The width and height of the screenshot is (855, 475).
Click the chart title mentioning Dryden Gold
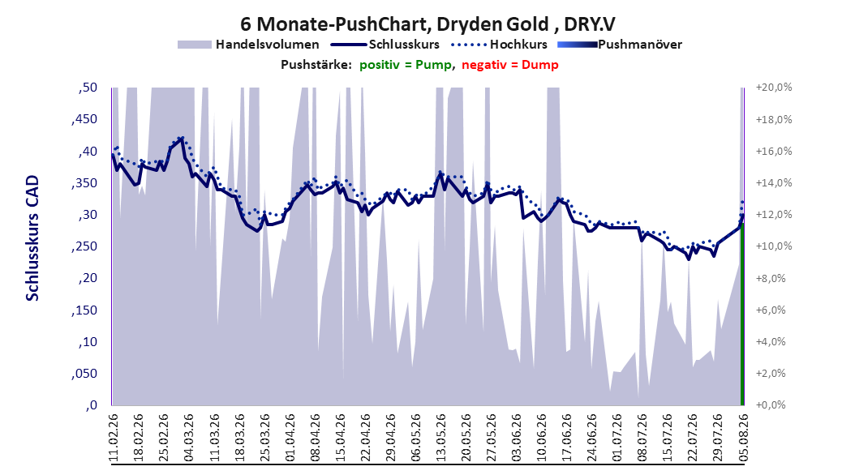[x=427, y=24]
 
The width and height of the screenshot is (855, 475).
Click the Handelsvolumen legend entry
[x=249, y=45]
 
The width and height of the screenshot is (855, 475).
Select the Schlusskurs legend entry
[x=385, y=45]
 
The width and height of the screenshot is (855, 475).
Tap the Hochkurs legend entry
[x=500, y=45]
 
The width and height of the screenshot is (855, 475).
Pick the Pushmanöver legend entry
[x=620, y=45]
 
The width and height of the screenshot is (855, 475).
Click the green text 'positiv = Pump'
[x=405, y=65]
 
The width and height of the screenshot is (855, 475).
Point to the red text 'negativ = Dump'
[x=510, y=65]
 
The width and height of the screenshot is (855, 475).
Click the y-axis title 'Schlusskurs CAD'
[x=32, y=238]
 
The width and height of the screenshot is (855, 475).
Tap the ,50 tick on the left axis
[x=88, y=88]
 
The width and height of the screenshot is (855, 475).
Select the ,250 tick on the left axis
[x=84, y=246]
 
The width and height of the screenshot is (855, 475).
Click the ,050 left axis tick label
[x=84, y=374]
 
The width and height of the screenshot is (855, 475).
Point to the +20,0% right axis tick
[x=774, y=88]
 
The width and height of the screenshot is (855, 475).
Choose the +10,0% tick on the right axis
[x=774, y=246]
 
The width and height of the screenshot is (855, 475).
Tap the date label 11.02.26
[x=114, y=438]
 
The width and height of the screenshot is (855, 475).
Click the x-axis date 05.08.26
[x=743, y=438]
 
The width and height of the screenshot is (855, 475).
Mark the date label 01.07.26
[x=617, y=438]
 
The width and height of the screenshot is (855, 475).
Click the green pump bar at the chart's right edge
[x=742, y=314]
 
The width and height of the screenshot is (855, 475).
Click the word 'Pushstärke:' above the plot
[x=316, y=65]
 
